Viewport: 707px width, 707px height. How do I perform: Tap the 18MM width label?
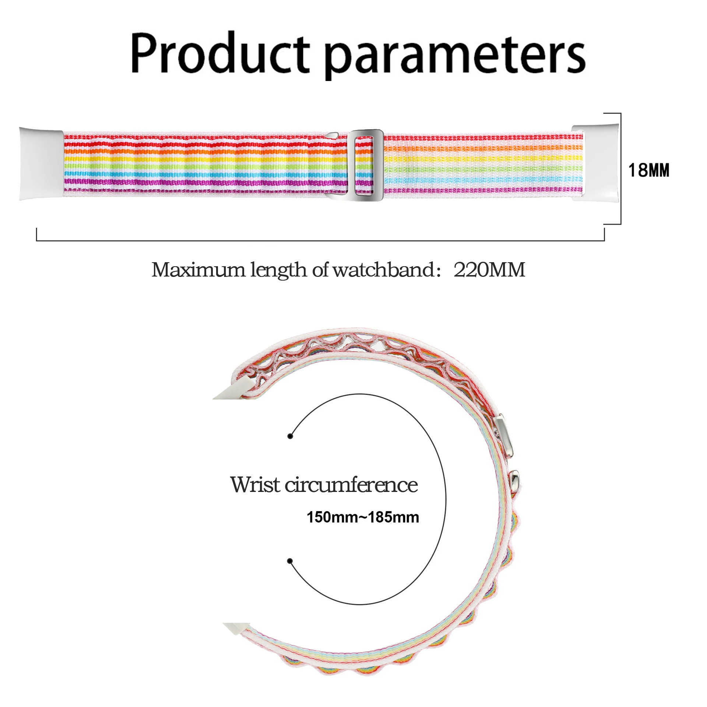[x=648, y=170]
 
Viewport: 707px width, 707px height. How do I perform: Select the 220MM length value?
[x=489, y=270]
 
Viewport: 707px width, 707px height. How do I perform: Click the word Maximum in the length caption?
[x=198, y=270]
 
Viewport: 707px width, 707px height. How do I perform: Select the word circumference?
[x=352, y=485]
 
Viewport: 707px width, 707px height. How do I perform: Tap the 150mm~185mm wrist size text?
[x=363, y=517]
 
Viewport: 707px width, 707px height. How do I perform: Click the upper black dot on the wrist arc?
[x=290, y=436]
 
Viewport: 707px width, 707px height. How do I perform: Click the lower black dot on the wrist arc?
[x=290, y=561]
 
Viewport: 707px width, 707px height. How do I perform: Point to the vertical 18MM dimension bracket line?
[x=621, y=168]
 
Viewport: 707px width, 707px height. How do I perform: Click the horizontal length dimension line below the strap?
[x=320, y=240]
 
